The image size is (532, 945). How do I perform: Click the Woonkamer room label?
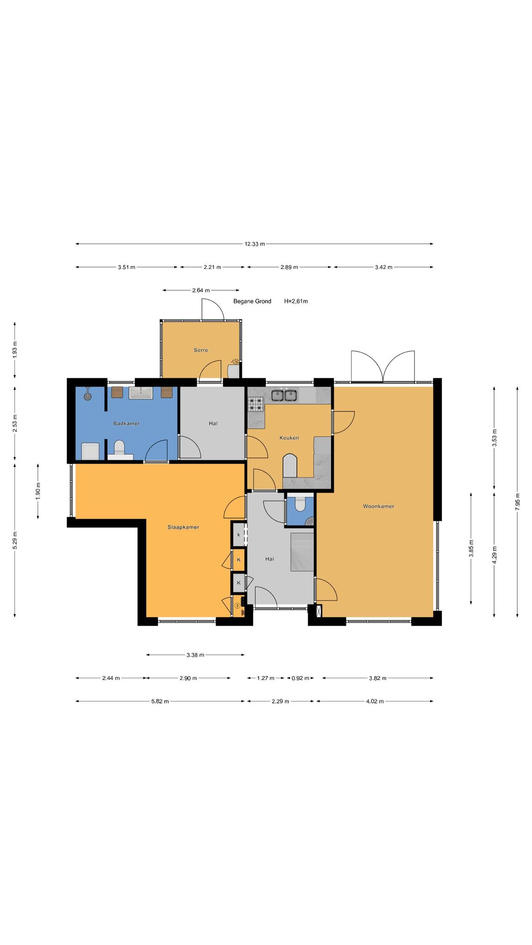(x=378, y=506)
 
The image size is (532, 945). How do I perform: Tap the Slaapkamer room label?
(x=183, y=527)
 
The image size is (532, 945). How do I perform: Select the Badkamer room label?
(x=127, y=423)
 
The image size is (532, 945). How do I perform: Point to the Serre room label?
(x=201, y=350)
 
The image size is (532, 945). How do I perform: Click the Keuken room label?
(x=289, y=438)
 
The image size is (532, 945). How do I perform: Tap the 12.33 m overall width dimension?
(x=255, y=244)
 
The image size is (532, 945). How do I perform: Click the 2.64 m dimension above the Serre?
(x=201, y=291)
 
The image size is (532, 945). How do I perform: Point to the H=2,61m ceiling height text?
(x=296, y=301)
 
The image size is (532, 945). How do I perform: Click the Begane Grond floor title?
(x=252, y=301)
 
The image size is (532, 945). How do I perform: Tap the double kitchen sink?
(x=284, y=395)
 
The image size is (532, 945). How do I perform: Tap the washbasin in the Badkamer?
(x=141, y=393)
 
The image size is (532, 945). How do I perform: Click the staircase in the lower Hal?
(x=302, y=551)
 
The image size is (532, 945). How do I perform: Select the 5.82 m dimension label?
(x=160, y=701)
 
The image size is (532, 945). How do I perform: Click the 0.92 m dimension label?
(x=300, y=678)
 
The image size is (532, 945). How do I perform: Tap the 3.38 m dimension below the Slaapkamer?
(x=195, y=655)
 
